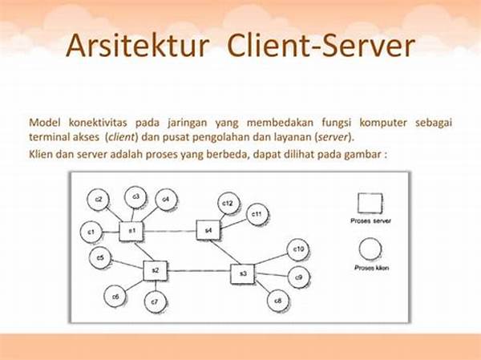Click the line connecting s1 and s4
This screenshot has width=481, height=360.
pyautogui.click(x=170, y=231)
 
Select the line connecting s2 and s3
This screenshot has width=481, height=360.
pyautogui.click(x=199, y=271)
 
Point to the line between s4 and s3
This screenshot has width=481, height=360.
pyautogui.click(x=224, y=252)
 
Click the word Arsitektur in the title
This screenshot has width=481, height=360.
pyautogui.click(x=137, y=46)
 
